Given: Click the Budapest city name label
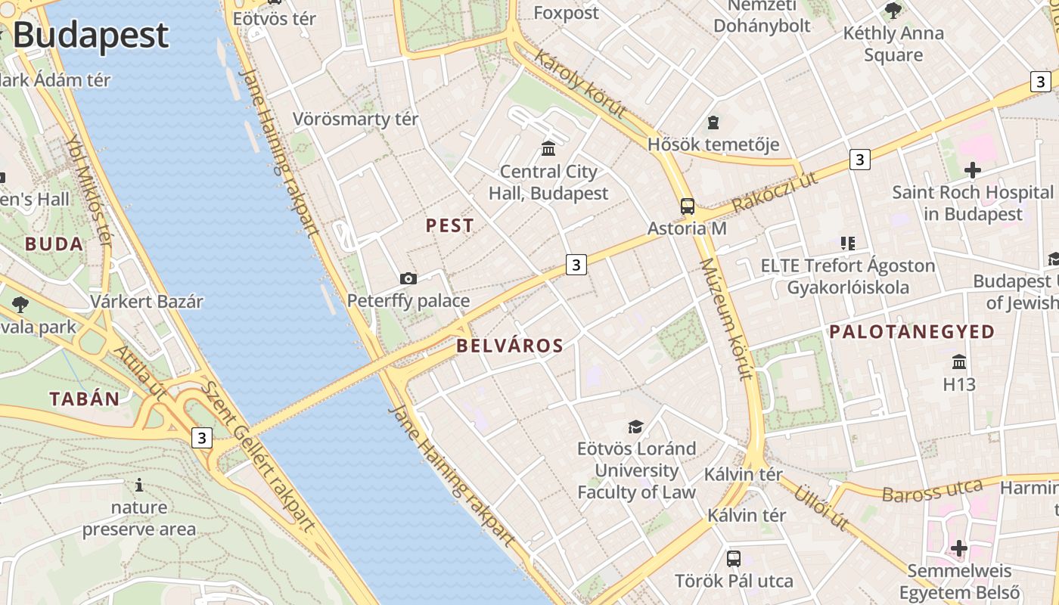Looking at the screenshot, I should pos(91,36).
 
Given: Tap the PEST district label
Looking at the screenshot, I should pos(450,225).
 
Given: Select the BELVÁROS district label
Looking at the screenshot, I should pos(510,346).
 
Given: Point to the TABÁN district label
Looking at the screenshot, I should pos(85,399).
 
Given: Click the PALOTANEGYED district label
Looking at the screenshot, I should pos(912,331).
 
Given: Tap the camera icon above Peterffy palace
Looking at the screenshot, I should pos(408,279).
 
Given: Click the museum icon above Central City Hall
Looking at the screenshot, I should pos(548,148).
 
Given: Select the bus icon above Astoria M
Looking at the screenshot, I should pos(688,206).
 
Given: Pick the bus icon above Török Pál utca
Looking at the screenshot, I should pos(734,559).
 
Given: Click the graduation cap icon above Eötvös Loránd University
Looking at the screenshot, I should pos(635,427).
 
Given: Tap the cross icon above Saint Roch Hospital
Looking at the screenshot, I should pos(972,170).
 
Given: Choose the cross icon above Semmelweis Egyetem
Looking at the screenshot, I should pos(959,548).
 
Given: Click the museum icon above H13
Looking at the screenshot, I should pos(959,361).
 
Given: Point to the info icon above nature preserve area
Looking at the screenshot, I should pos(138,485).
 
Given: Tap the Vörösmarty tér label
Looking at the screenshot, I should pos(356,119).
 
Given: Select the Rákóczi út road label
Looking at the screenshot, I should pos(776,193).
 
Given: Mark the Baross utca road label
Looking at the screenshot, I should pos(932,491).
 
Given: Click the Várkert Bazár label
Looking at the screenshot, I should pos(147,301).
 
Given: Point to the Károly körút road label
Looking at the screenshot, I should pos(580,84).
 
